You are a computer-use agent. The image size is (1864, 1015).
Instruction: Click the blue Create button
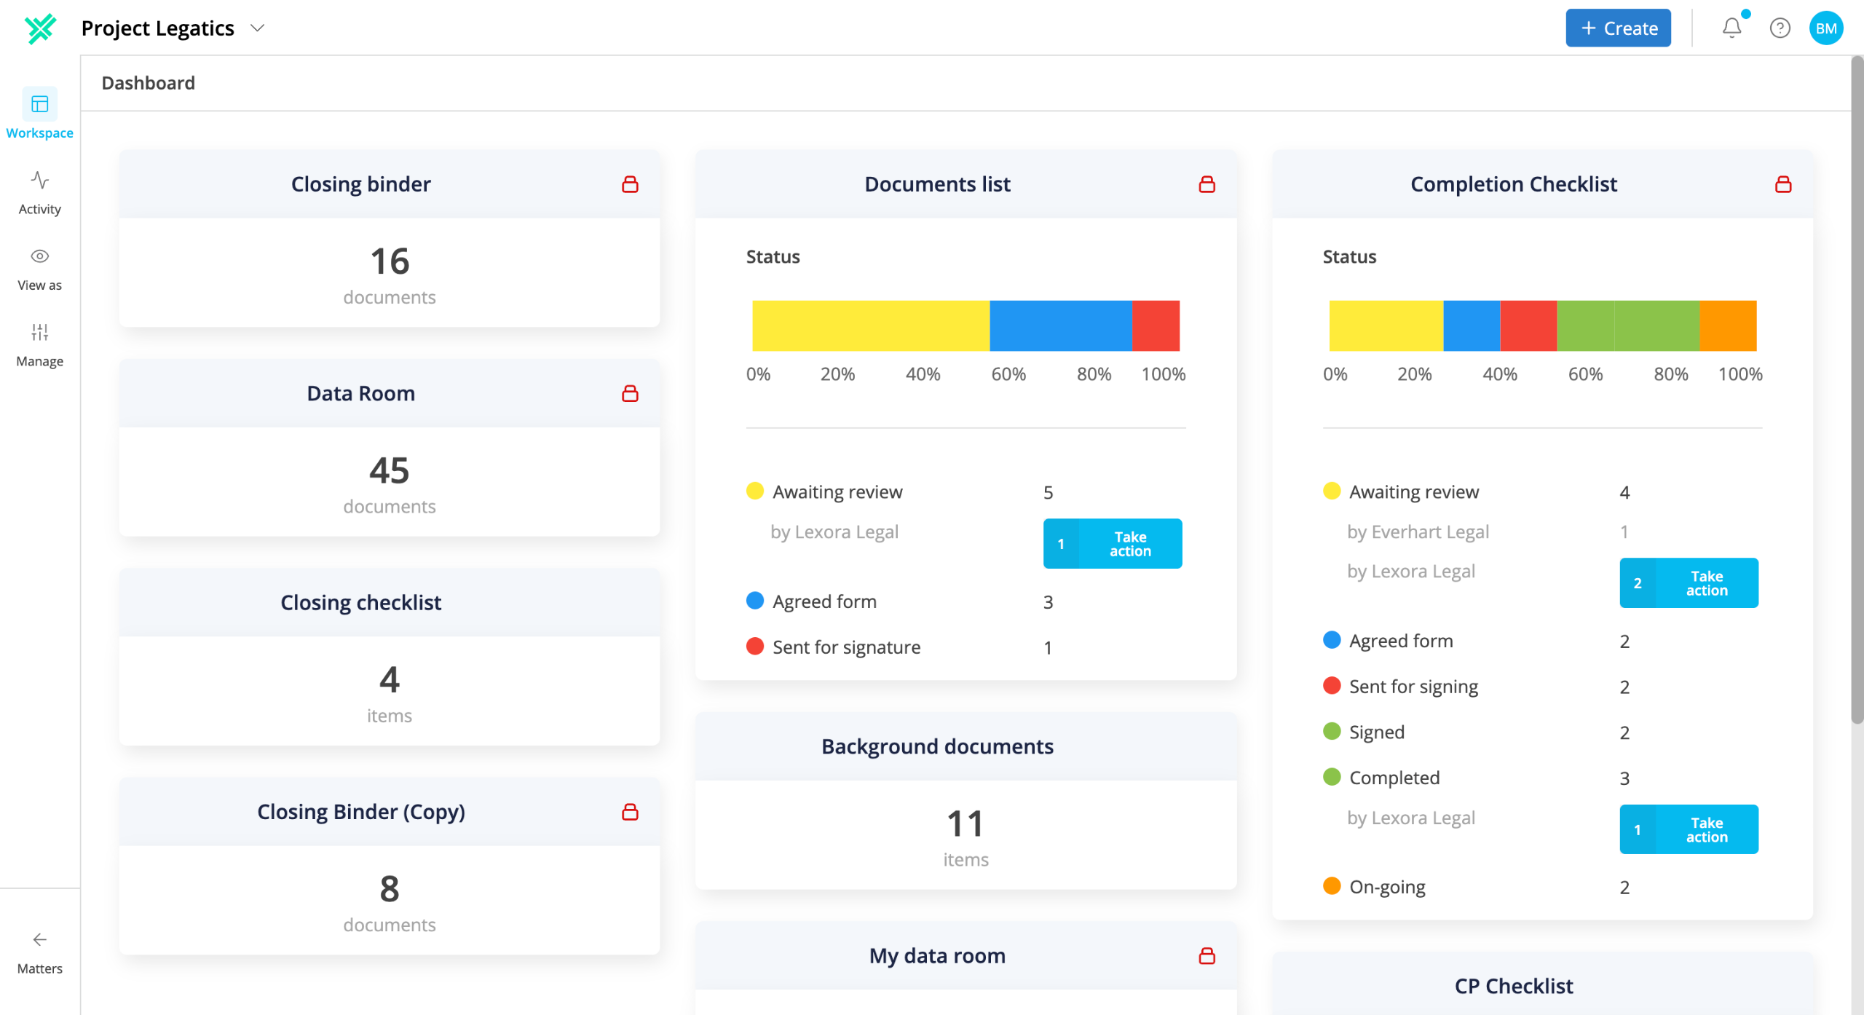(x=1618, y=28)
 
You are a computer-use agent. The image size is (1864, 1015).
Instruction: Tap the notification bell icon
(x=1732, y=28)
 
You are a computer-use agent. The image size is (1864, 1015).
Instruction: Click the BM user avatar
(x=1826, y=28)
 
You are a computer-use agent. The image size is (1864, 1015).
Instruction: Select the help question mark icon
(x=1780, y=28)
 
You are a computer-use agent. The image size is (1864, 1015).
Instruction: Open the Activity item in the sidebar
(x=40, y=193)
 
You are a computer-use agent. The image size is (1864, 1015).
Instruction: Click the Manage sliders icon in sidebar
(x=40, y=332)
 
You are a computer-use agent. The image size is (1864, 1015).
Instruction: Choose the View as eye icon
(x=40, y=256)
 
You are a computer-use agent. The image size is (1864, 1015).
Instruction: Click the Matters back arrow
(x=40, y=939)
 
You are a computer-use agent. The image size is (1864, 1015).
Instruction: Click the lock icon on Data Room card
(x=630, y=393)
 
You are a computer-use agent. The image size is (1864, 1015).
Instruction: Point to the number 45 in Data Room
(x=390, y=470)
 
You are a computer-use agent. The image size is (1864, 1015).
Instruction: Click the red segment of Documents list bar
(x=1156, y=325)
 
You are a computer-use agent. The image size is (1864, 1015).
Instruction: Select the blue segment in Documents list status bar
(x=1061, y=325)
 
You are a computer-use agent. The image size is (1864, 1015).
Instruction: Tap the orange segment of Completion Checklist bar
(x=1729, y=325)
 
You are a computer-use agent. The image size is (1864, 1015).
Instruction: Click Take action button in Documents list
(x=1113, y=543)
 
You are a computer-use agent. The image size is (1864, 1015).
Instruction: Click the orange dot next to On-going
(x=1332, y=886)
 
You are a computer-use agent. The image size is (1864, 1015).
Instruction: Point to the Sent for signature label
(x=846, y=647)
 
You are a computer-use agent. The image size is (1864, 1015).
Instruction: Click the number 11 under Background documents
(x=965, y=824)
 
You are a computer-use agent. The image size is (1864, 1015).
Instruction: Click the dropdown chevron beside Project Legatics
(x=257, y=28)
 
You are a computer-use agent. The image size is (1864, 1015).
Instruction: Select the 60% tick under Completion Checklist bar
(x=1585, y=374)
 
